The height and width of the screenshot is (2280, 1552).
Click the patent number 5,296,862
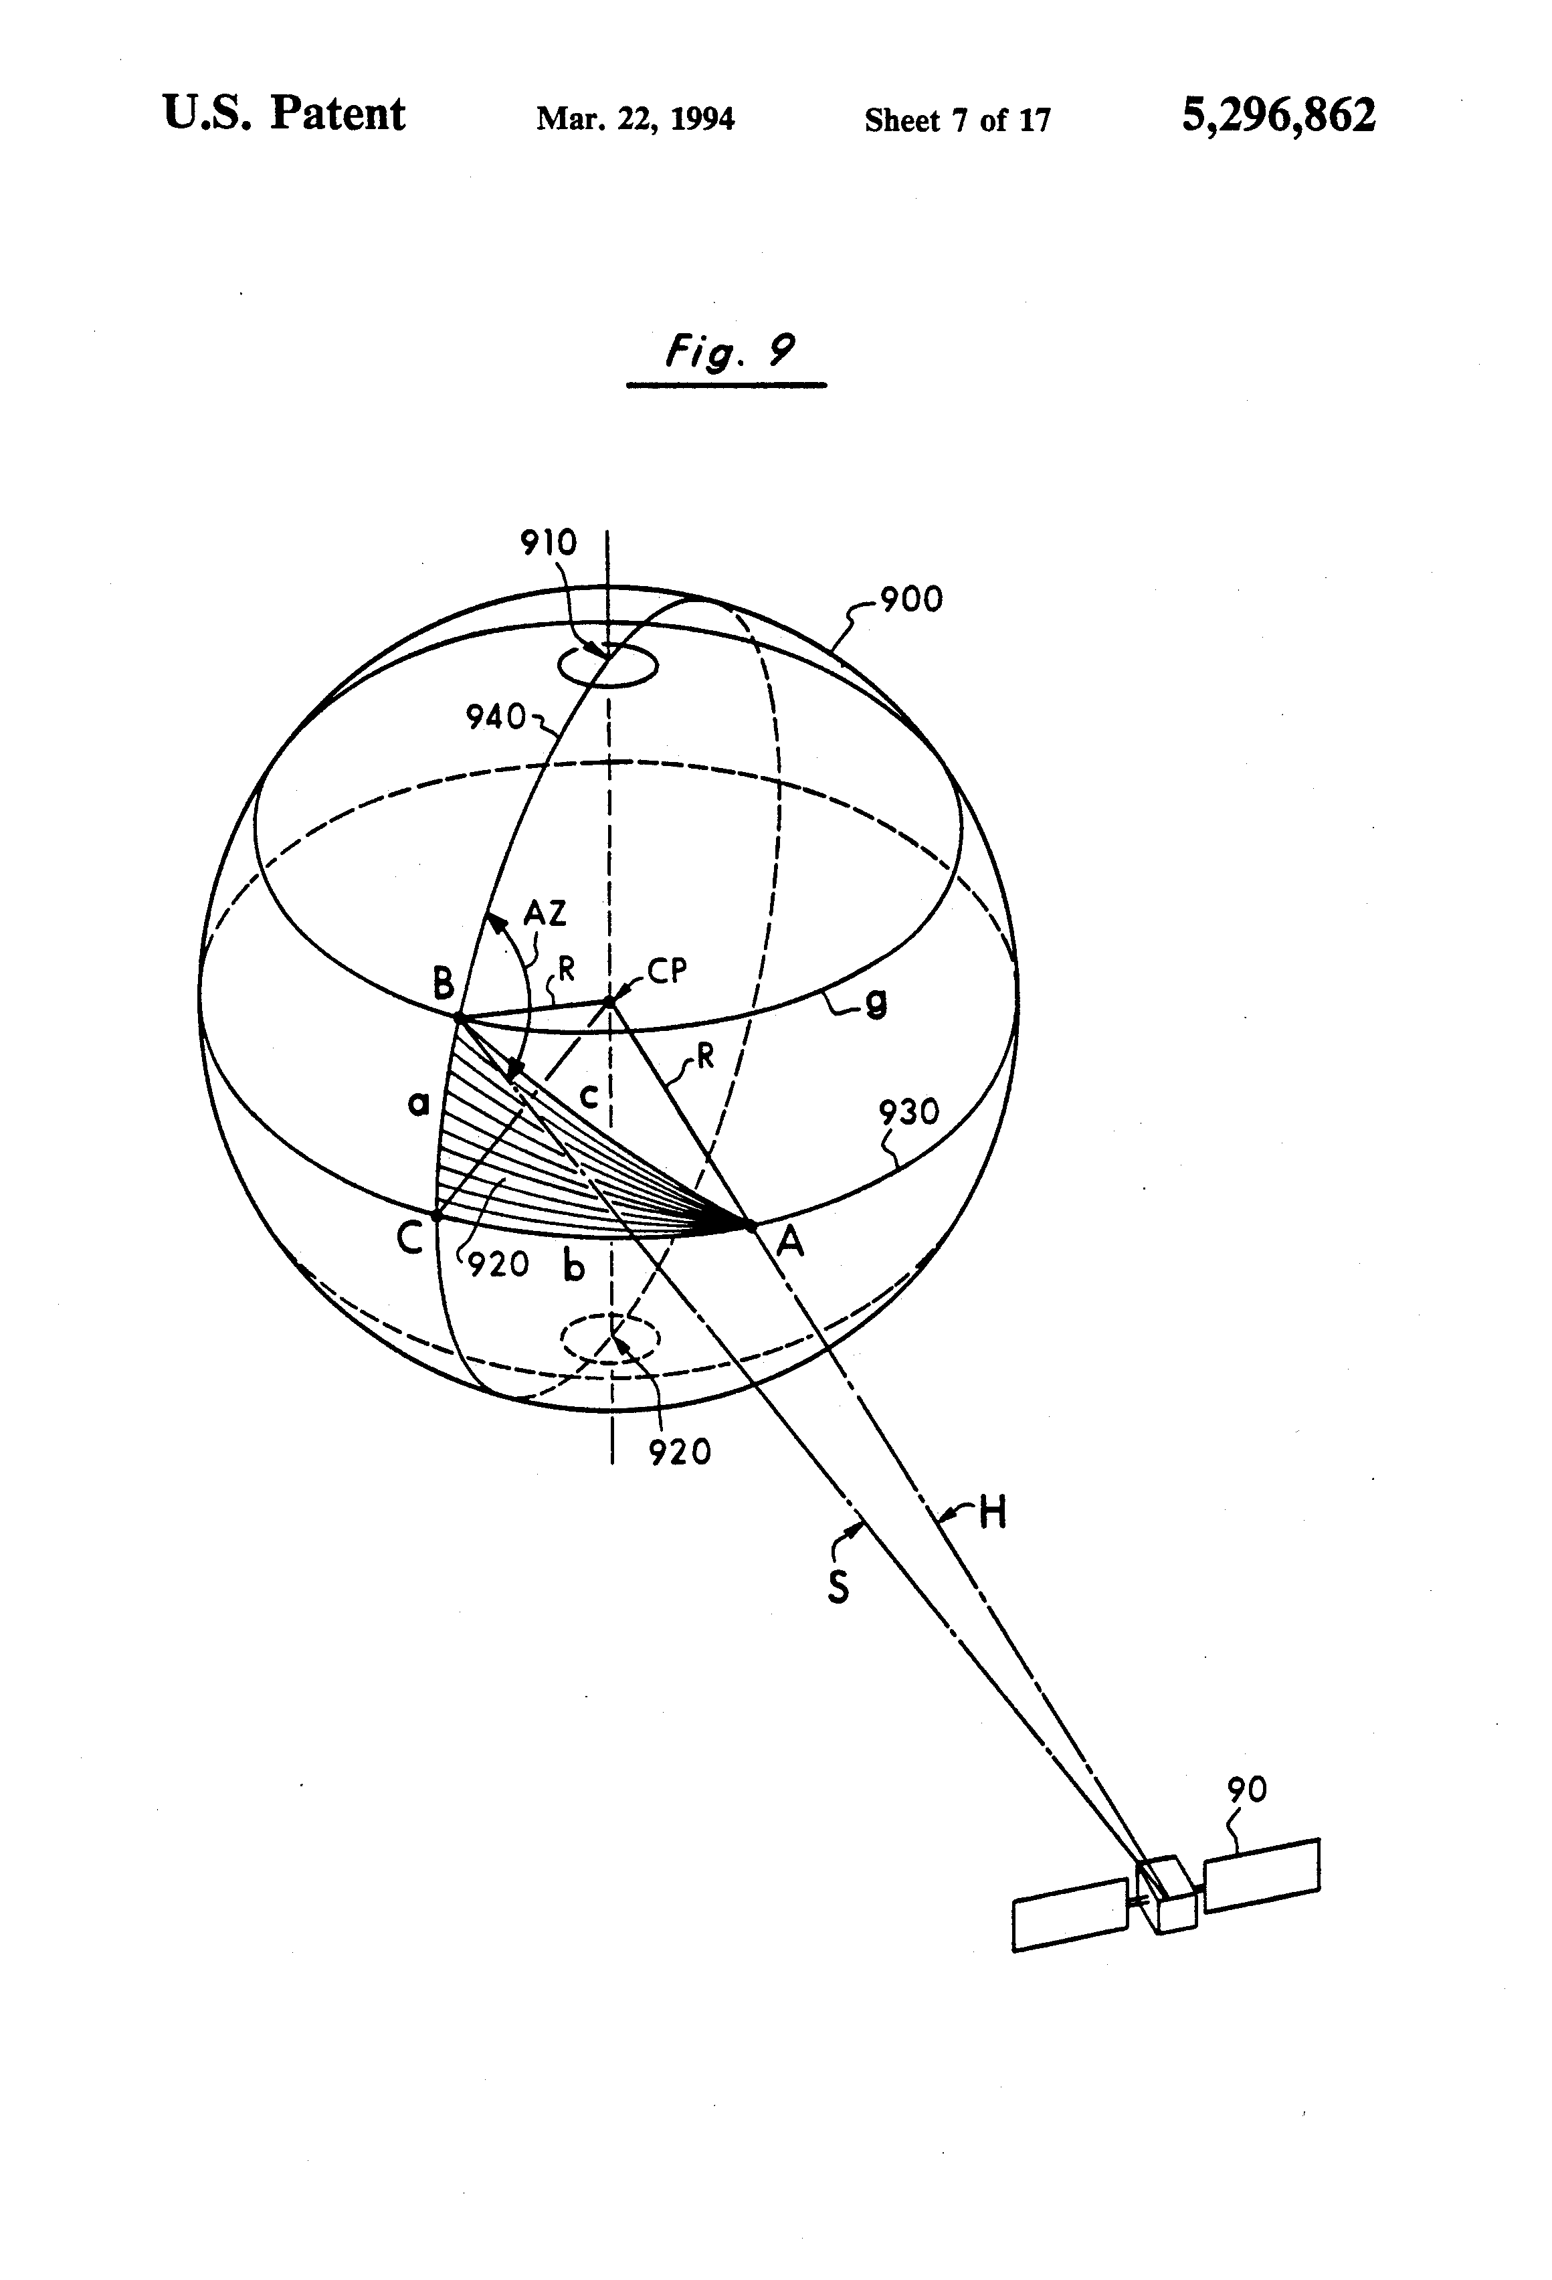click(x=1277, y=115)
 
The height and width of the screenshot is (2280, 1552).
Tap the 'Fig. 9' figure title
click(x=728, y=351)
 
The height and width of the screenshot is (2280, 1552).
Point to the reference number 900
click(x=910, y=599)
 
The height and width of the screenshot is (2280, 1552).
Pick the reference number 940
click(x=496, y=717)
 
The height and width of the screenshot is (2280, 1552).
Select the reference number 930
click(x=908, y=1113)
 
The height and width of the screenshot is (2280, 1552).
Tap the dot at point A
click(x=751, y=1226)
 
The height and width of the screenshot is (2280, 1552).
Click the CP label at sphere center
click(x=667, y=971)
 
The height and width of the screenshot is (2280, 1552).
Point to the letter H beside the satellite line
click(x=993, y=1514)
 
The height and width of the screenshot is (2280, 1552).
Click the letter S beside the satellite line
click(x=838, y=1586)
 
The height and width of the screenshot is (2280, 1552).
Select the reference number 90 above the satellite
click(x=1247, y=1790)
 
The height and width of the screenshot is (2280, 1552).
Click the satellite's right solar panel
click(x=1262, y=1875)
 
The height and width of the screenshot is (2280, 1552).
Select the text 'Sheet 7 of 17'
click(x=957, y=120)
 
